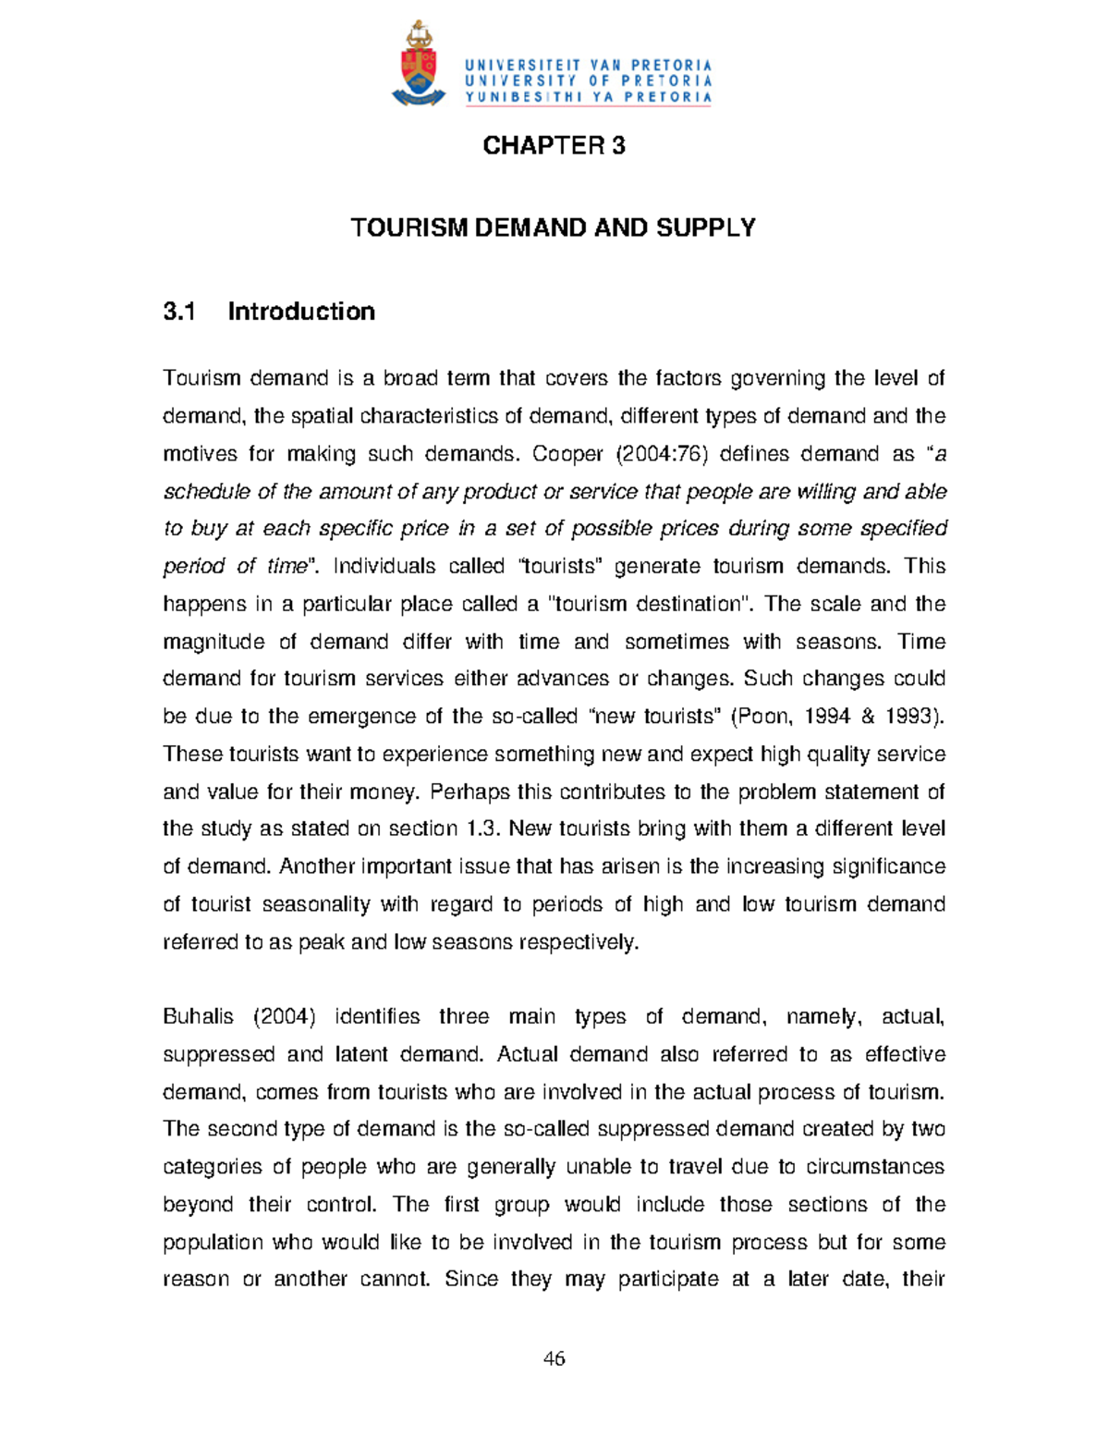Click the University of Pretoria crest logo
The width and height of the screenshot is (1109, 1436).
coord(419,65)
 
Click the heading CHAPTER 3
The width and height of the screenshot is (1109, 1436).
coord(554,145)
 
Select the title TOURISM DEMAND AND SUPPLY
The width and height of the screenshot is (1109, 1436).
coord(553,227)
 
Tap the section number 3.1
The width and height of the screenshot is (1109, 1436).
coord(178,312)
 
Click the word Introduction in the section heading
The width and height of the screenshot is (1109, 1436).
coord(301,312)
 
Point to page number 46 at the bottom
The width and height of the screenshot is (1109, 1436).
coord(554,1358)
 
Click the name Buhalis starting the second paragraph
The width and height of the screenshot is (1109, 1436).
coord(198,1017)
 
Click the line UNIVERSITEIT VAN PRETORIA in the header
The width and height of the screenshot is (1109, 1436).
coord(589,65)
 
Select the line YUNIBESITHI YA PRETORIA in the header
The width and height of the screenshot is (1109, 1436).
coord(589,96)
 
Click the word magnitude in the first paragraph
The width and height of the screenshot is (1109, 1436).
coord(213,642)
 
